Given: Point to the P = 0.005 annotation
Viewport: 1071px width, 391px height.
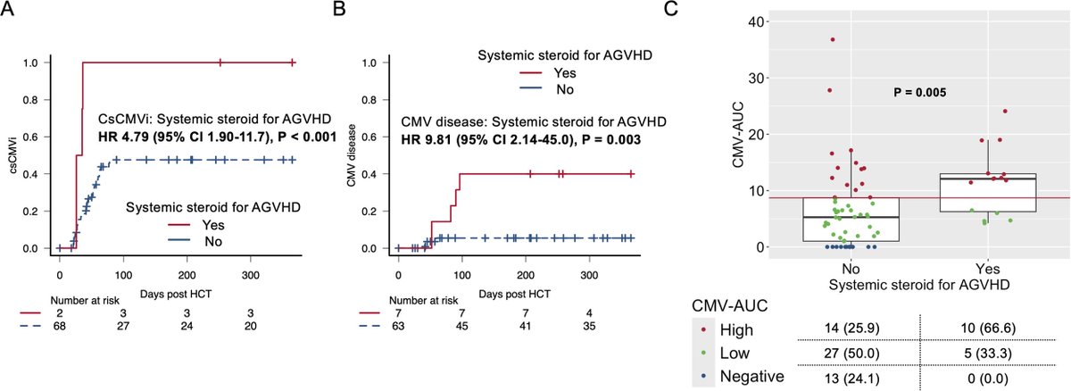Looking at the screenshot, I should tap(919, 92).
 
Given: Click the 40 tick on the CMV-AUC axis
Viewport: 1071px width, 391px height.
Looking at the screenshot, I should tap(754, 21).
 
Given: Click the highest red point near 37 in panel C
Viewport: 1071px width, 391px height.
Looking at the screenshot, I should tap(832, 39).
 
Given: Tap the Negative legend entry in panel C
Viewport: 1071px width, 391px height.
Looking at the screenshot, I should tap(749, 377).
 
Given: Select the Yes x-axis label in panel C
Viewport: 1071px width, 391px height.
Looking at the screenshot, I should tap(987, 268).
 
